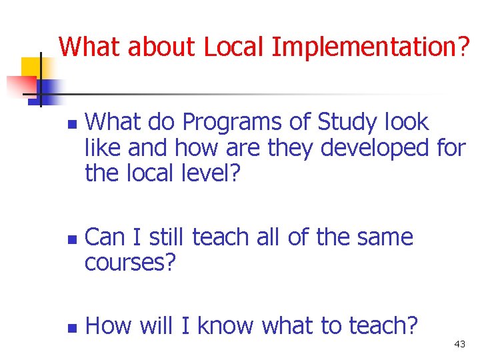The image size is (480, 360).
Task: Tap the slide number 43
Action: click(x=459, y=344)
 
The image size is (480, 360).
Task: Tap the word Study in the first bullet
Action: click(x=349, y=123)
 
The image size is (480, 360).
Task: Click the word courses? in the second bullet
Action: click(x=131, y=263)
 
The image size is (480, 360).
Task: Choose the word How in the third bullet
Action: click(x=109, y=326)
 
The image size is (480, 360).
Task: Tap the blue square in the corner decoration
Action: click(x=48, y=88)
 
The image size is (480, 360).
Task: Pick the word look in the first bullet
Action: click(x=407, y=123)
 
